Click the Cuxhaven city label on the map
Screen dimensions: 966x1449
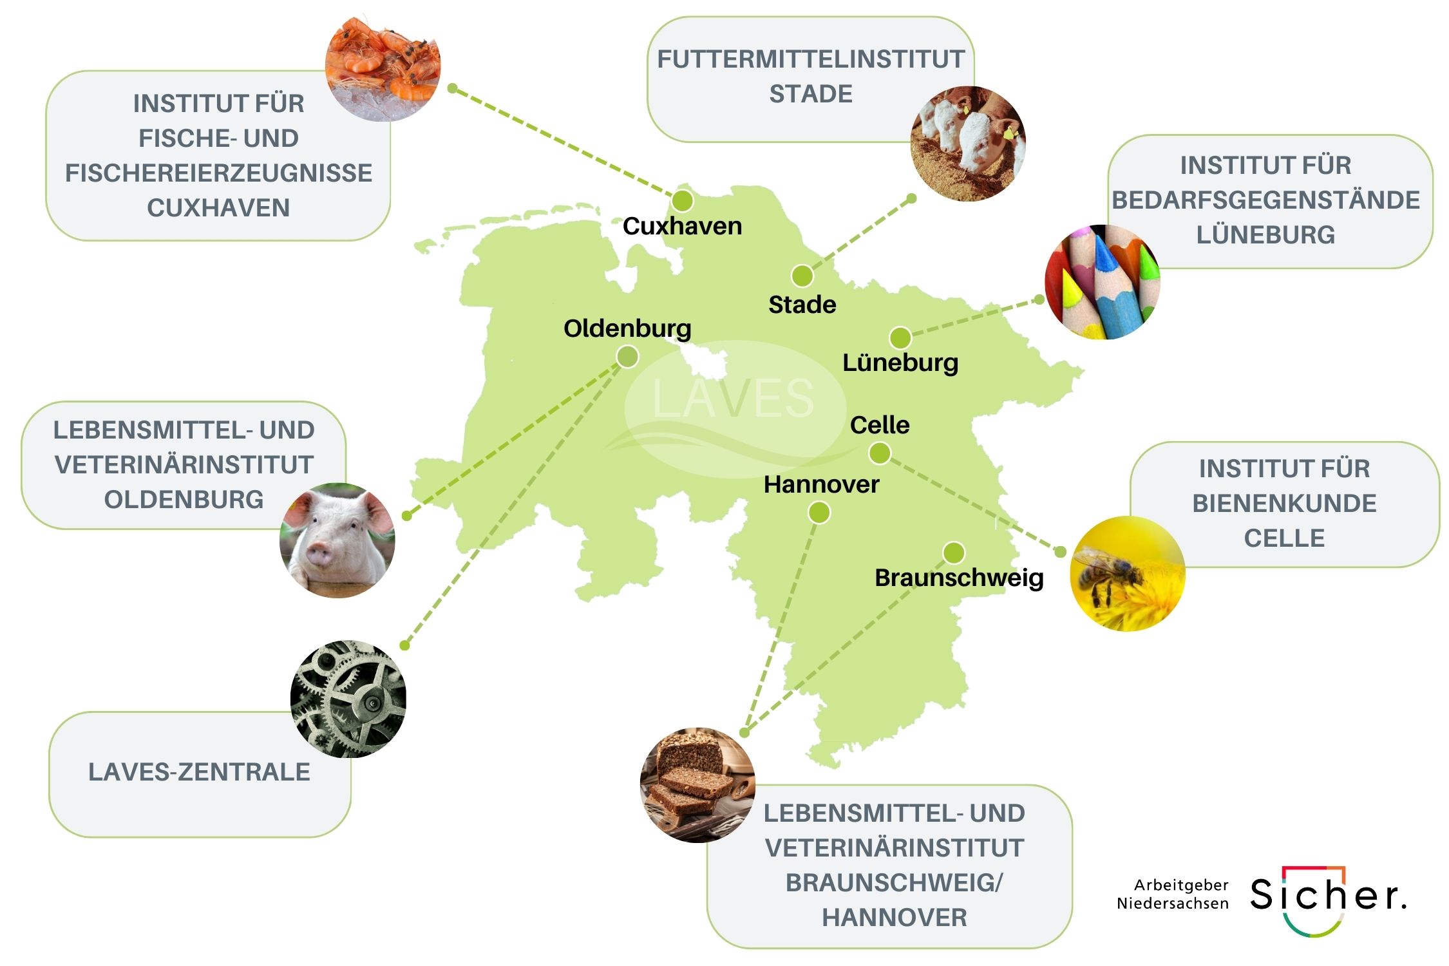click(x=682, y=226)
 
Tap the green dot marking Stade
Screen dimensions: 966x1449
click(x=802, y=276)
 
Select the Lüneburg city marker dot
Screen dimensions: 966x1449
click(x=900, y=337)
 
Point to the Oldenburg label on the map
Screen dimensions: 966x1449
click(x=627, y=328)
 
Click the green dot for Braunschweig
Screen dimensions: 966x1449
click(x=953, y=553)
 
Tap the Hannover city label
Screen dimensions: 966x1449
click(x=821, y=484)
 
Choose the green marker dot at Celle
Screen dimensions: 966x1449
click(x=879, y=453)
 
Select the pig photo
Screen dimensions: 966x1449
click(x=337, y=540)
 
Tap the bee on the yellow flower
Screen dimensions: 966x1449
click(x=1111, y=573)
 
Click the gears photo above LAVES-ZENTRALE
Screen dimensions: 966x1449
click(x=348, y=698)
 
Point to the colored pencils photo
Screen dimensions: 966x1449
click(x=1101, y=282)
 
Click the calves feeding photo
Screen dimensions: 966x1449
click(x=967, y=143)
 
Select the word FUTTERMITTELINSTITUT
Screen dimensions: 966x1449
click(x=810, y=59)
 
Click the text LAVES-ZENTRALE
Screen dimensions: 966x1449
click(x=199, y=772)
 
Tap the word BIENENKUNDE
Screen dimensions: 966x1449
click(x=1283, y=503)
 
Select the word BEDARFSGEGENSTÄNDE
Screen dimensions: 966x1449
click(x=1265, y=200)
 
